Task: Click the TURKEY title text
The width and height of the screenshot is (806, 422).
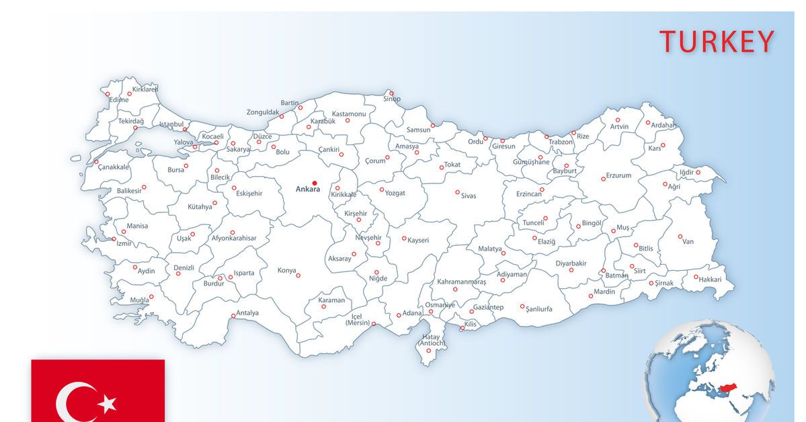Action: click(x=717, y=42)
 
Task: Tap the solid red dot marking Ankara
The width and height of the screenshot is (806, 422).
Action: click(x=315, y=183)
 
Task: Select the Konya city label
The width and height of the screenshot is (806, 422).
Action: click(x=287, y=271)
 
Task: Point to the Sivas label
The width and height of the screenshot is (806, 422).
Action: click(x=469, y=196)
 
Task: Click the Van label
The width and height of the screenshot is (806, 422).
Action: click(x=688, y=242)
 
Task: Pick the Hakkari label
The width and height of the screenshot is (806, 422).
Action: click(x=710, y=279)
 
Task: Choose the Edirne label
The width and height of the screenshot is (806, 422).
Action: click(x=119, y=99)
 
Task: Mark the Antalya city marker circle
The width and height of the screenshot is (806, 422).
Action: click(x=233, y=316)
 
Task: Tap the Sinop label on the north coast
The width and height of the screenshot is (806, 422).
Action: click(x=392, y=99)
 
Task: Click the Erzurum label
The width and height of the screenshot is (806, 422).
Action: click(x=619, y=175)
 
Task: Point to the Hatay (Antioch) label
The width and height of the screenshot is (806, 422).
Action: click(x=432, y=340)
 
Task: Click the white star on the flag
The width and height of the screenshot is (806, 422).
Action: click(x=108, y=403)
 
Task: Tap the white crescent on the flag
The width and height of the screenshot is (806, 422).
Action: click(x=73, y=403)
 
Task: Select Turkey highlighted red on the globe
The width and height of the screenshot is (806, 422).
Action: click(x=729, y=388)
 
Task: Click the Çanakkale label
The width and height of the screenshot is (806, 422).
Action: click(x=114, y=167)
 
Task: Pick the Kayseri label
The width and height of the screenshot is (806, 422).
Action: click(x=419, y=240)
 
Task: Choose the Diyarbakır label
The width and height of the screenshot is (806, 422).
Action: click(x=571, y=263)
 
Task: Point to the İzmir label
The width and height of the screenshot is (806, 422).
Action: click(x=124, y=243)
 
